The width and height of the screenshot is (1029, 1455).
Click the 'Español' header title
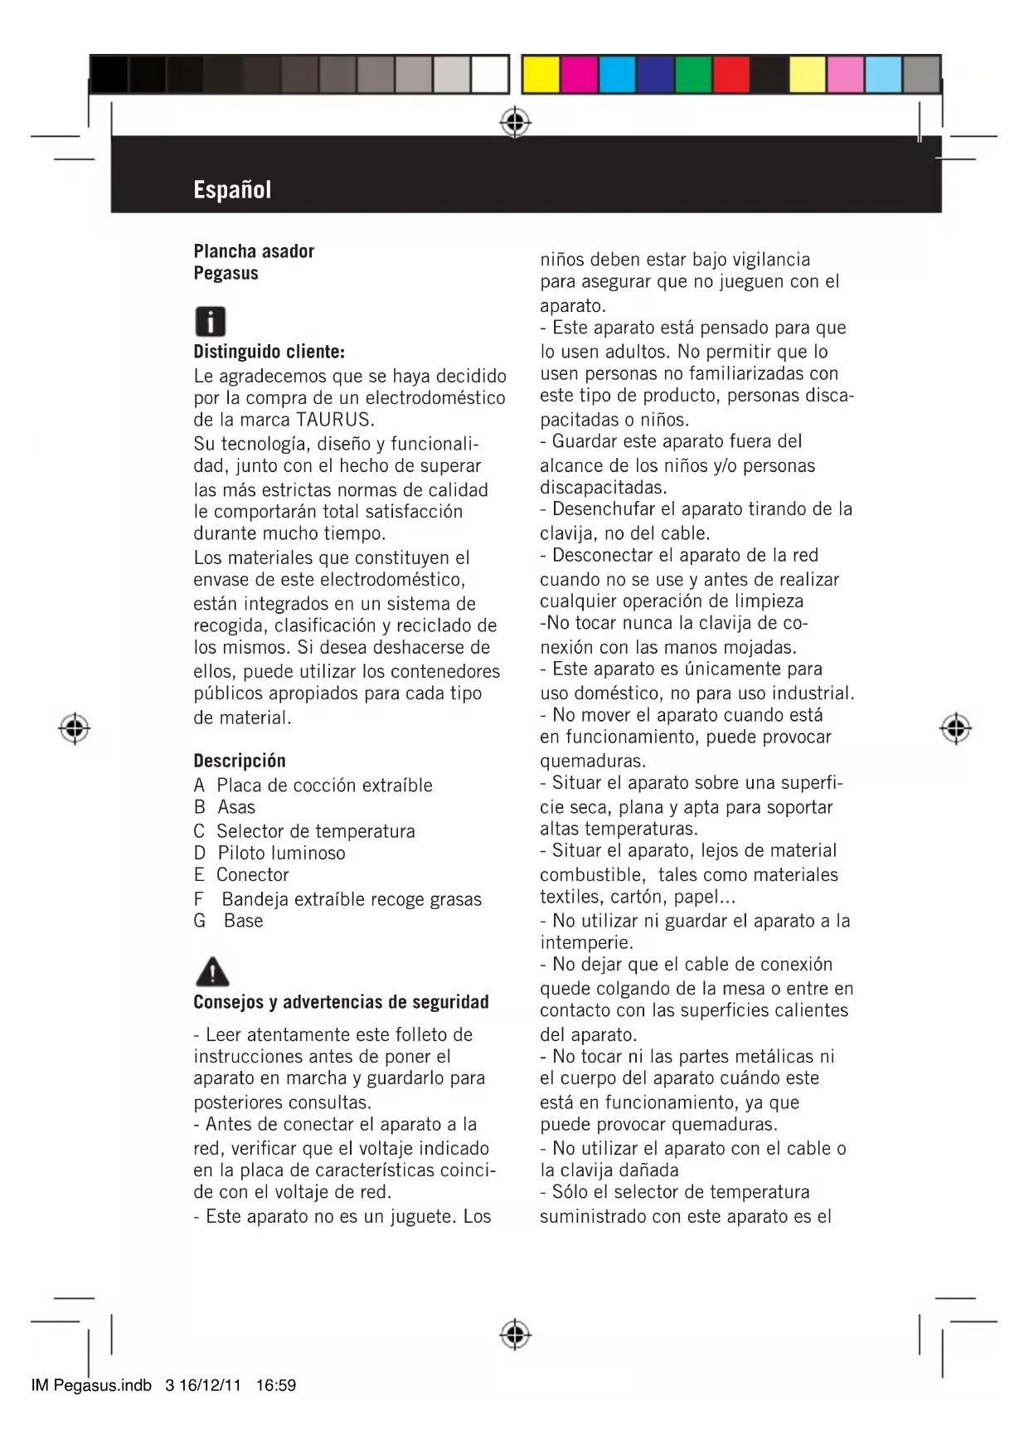point(232,190)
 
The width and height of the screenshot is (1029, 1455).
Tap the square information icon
point(210,321)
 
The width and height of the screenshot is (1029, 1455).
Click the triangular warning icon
point(212,971)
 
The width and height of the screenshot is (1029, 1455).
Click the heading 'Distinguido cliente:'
point(269,352)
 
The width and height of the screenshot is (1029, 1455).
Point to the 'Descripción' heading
point(240,761)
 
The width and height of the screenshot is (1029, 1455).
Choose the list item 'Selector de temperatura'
point(315,830)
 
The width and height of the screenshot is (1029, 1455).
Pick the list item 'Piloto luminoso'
point(281,853)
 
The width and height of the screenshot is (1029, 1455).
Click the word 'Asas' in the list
point(236,807)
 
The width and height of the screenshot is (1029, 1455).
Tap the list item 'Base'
point(243,921)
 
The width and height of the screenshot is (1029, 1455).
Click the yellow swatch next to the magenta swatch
point(541,75)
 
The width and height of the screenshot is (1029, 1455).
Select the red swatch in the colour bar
point(730,75)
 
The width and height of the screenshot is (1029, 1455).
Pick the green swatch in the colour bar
point(692,75)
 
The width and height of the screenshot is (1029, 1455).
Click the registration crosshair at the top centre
point(515,123)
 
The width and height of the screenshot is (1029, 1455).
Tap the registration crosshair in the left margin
point(75,727)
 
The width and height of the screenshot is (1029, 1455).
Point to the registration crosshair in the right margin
point(955,727)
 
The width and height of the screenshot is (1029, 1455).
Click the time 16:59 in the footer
point(276,1385)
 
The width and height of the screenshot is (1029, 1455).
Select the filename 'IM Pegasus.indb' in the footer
point(91,1385)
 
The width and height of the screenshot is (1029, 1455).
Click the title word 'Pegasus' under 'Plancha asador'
point(226,273)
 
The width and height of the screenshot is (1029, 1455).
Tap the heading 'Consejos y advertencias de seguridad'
point(341,1002)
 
